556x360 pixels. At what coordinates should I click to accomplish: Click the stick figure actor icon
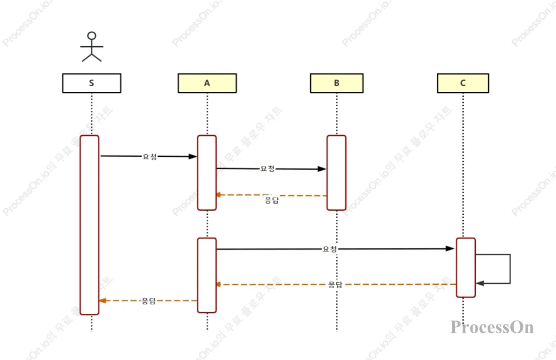[x=92, y=47]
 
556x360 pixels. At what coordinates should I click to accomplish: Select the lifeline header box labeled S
[x=92, y=83]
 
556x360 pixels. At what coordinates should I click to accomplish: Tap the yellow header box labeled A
[x=207, y=83]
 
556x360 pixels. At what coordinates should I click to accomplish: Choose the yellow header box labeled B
[x=336, y=83]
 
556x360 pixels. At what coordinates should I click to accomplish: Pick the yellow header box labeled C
[x=463, y=83]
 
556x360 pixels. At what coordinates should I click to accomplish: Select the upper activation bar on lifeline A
[x=207, y=172]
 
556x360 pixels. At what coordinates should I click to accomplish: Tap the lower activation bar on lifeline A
[x=207, y=275]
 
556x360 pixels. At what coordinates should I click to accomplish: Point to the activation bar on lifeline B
[x=336, y=172]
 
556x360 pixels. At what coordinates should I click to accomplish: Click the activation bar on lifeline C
[x=466, y=268]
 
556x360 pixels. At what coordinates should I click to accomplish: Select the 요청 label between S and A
[x=150, y=157]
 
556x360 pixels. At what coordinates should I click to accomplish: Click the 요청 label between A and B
[x=267, y=169]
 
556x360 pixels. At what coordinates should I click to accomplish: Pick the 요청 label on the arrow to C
[x=330, y=249]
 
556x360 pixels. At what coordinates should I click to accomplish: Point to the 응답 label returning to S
[x=148, y=301]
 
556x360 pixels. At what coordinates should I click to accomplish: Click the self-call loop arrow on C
[x=509, y=269]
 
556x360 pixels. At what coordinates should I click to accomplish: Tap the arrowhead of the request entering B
[x=322, y=169]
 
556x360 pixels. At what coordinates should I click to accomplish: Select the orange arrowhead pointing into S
[x=102, y=300]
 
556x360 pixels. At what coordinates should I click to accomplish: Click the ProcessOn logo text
[x=492, y=327]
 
